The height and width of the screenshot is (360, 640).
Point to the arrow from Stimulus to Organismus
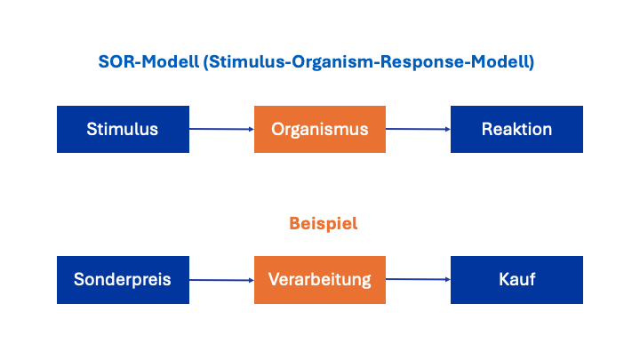click(221, 129)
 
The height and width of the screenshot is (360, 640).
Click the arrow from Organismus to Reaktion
click(418, 129)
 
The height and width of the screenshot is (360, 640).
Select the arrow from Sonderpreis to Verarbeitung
click(221, 280)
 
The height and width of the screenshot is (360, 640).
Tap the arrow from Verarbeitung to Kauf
click(418, 280)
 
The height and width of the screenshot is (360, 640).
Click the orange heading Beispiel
click(323, 224)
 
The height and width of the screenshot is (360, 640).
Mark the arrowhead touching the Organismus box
click(251, 129)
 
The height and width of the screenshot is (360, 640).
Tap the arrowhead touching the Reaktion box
click(447, 129)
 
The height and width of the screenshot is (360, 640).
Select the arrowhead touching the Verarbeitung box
click(251, 280)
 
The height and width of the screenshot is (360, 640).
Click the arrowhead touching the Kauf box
click(447, 280)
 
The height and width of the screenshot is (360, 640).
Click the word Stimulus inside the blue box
click(123, 129)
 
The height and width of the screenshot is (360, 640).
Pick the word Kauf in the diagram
click(516, 280)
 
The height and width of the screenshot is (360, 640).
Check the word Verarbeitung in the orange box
click(320, 280)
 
